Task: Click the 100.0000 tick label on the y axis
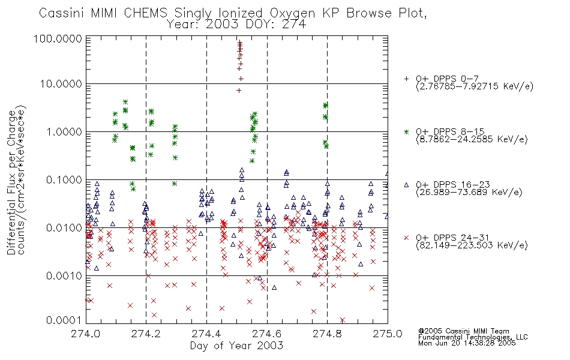[x=58, y=38]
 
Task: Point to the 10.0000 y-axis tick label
[x=61, y=84]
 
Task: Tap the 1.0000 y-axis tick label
[x=64, y=131]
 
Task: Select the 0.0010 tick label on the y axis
[x=64, y=275]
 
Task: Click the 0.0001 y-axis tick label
[x=64, y=320]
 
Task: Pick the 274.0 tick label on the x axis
[x=85, y=334]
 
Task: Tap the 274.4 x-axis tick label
[x=206, y=334]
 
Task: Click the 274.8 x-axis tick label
[x=327, y=334]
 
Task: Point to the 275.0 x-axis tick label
[x=388, y=334]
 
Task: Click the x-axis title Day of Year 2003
[x=236, y=346]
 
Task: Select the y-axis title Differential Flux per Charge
[x=11, y=182]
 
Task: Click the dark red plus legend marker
[x=406, y=79]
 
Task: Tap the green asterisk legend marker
[x=406, y=131]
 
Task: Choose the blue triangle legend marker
[x=406, y=185]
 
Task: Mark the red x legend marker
[x=406, y=238]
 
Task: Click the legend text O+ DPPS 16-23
[x=453, y=185]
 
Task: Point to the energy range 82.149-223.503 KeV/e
[x=472, y=245]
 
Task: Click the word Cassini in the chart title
[x=61, y=13]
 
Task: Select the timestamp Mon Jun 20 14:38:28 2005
[x=467, y=343]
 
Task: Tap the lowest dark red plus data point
[x=239, y=91]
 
